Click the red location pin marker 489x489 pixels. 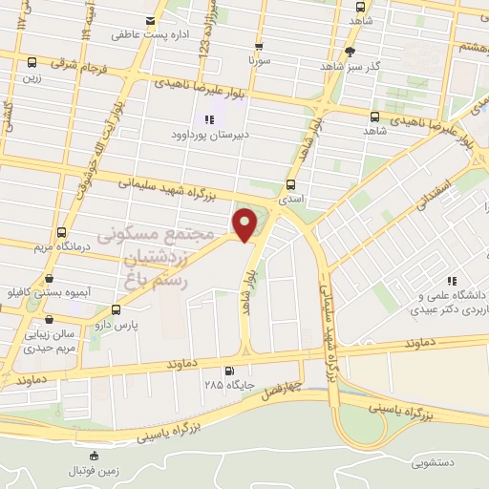tap(246, 224)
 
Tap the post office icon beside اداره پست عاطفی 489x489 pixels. tap(149, 21)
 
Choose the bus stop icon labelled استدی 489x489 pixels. tap(291, 185)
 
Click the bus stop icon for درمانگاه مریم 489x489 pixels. tap(62, 232)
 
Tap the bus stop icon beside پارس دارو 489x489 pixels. tap(116, 309)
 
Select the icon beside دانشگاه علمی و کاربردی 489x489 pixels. tap(452, 281)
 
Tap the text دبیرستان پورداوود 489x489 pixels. tap(209, 136)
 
